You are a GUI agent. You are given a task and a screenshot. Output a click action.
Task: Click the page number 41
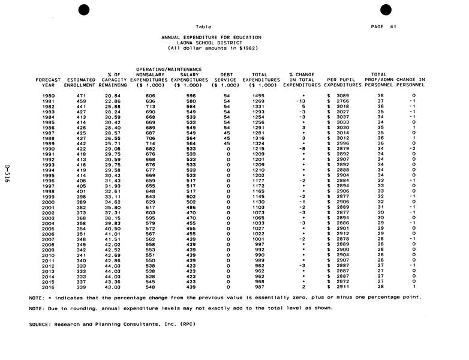[x=393, y=26]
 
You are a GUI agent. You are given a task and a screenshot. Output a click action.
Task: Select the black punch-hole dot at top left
[x=83, y=8]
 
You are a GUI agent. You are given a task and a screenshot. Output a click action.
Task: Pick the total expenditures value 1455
[x=259, y=96]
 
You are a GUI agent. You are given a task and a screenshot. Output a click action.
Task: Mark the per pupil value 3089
[x=342, y=96]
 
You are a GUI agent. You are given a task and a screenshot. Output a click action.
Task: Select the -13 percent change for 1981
[x=301, y=101]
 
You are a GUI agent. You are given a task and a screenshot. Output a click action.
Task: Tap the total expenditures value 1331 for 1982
[x=259, y=106]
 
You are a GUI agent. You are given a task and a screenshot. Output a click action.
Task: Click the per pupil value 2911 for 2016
[x=342, y=287]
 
